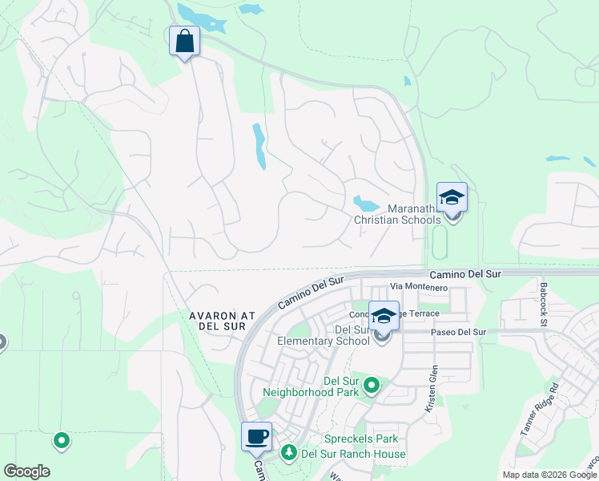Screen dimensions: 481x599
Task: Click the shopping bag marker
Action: [x=184, y=40]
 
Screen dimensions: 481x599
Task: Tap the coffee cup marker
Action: [x=256, y=438]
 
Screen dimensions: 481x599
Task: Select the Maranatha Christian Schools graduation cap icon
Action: [x=452, y=198]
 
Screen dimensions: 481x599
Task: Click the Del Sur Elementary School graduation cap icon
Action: [x=384, y=316]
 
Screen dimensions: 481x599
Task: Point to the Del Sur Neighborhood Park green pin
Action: [x=372, y=387]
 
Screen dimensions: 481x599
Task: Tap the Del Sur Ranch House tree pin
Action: [x=287, y=454]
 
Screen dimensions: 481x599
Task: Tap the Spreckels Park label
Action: [x=360, y=439]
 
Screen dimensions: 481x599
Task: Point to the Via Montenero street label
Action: [x=418, y=287]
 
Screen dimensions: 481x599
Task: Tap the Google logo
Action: [x=26, y=471]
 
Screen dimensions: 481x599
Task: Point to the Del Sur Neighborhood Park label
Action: [x=312, y=386]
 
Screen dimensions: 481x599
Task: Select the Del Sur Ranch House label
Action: [x=353, y=455]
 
